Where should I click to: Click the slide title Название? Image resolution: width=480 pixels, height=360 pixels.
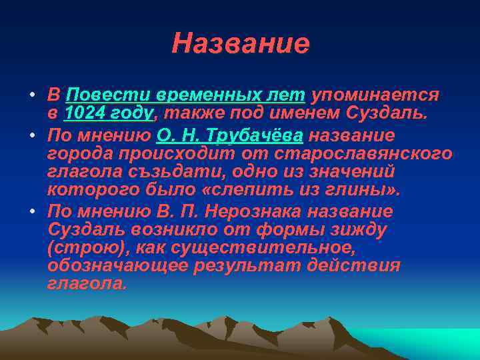click(x=240, y=43)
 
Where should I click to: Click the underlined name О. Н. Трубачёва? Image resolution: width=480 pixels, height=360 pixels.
click(x=230, y=136)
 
